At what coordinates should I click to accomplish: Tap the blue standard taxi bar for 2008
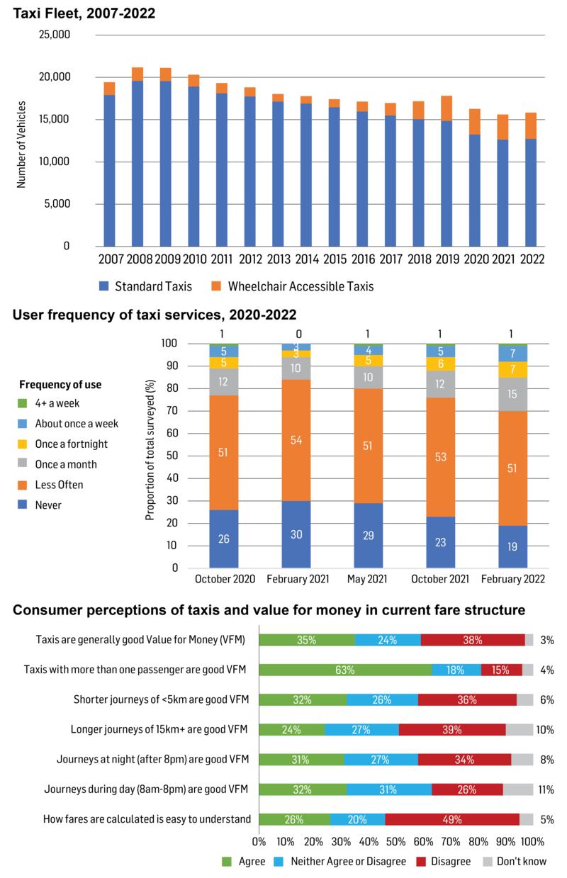click(x=137, y=163)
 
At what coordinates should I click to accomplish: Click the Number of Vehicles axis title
click(x=21, y=141)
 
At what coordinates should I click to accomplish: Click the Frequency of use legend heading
click(x=60, y=385)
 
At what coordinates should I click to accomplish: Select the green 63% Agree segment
click(x=345, y=670)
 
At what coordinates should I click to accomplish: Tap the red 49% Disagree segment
click(x=452, y=819)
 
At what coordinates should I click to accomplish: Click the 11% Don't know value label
click(x=545, y=789)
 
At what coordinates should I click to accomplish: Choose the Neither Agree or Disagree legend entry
click(x=352, y=861)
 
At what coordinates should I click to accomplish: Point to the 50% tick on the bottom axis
click(x=396, y=842)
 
